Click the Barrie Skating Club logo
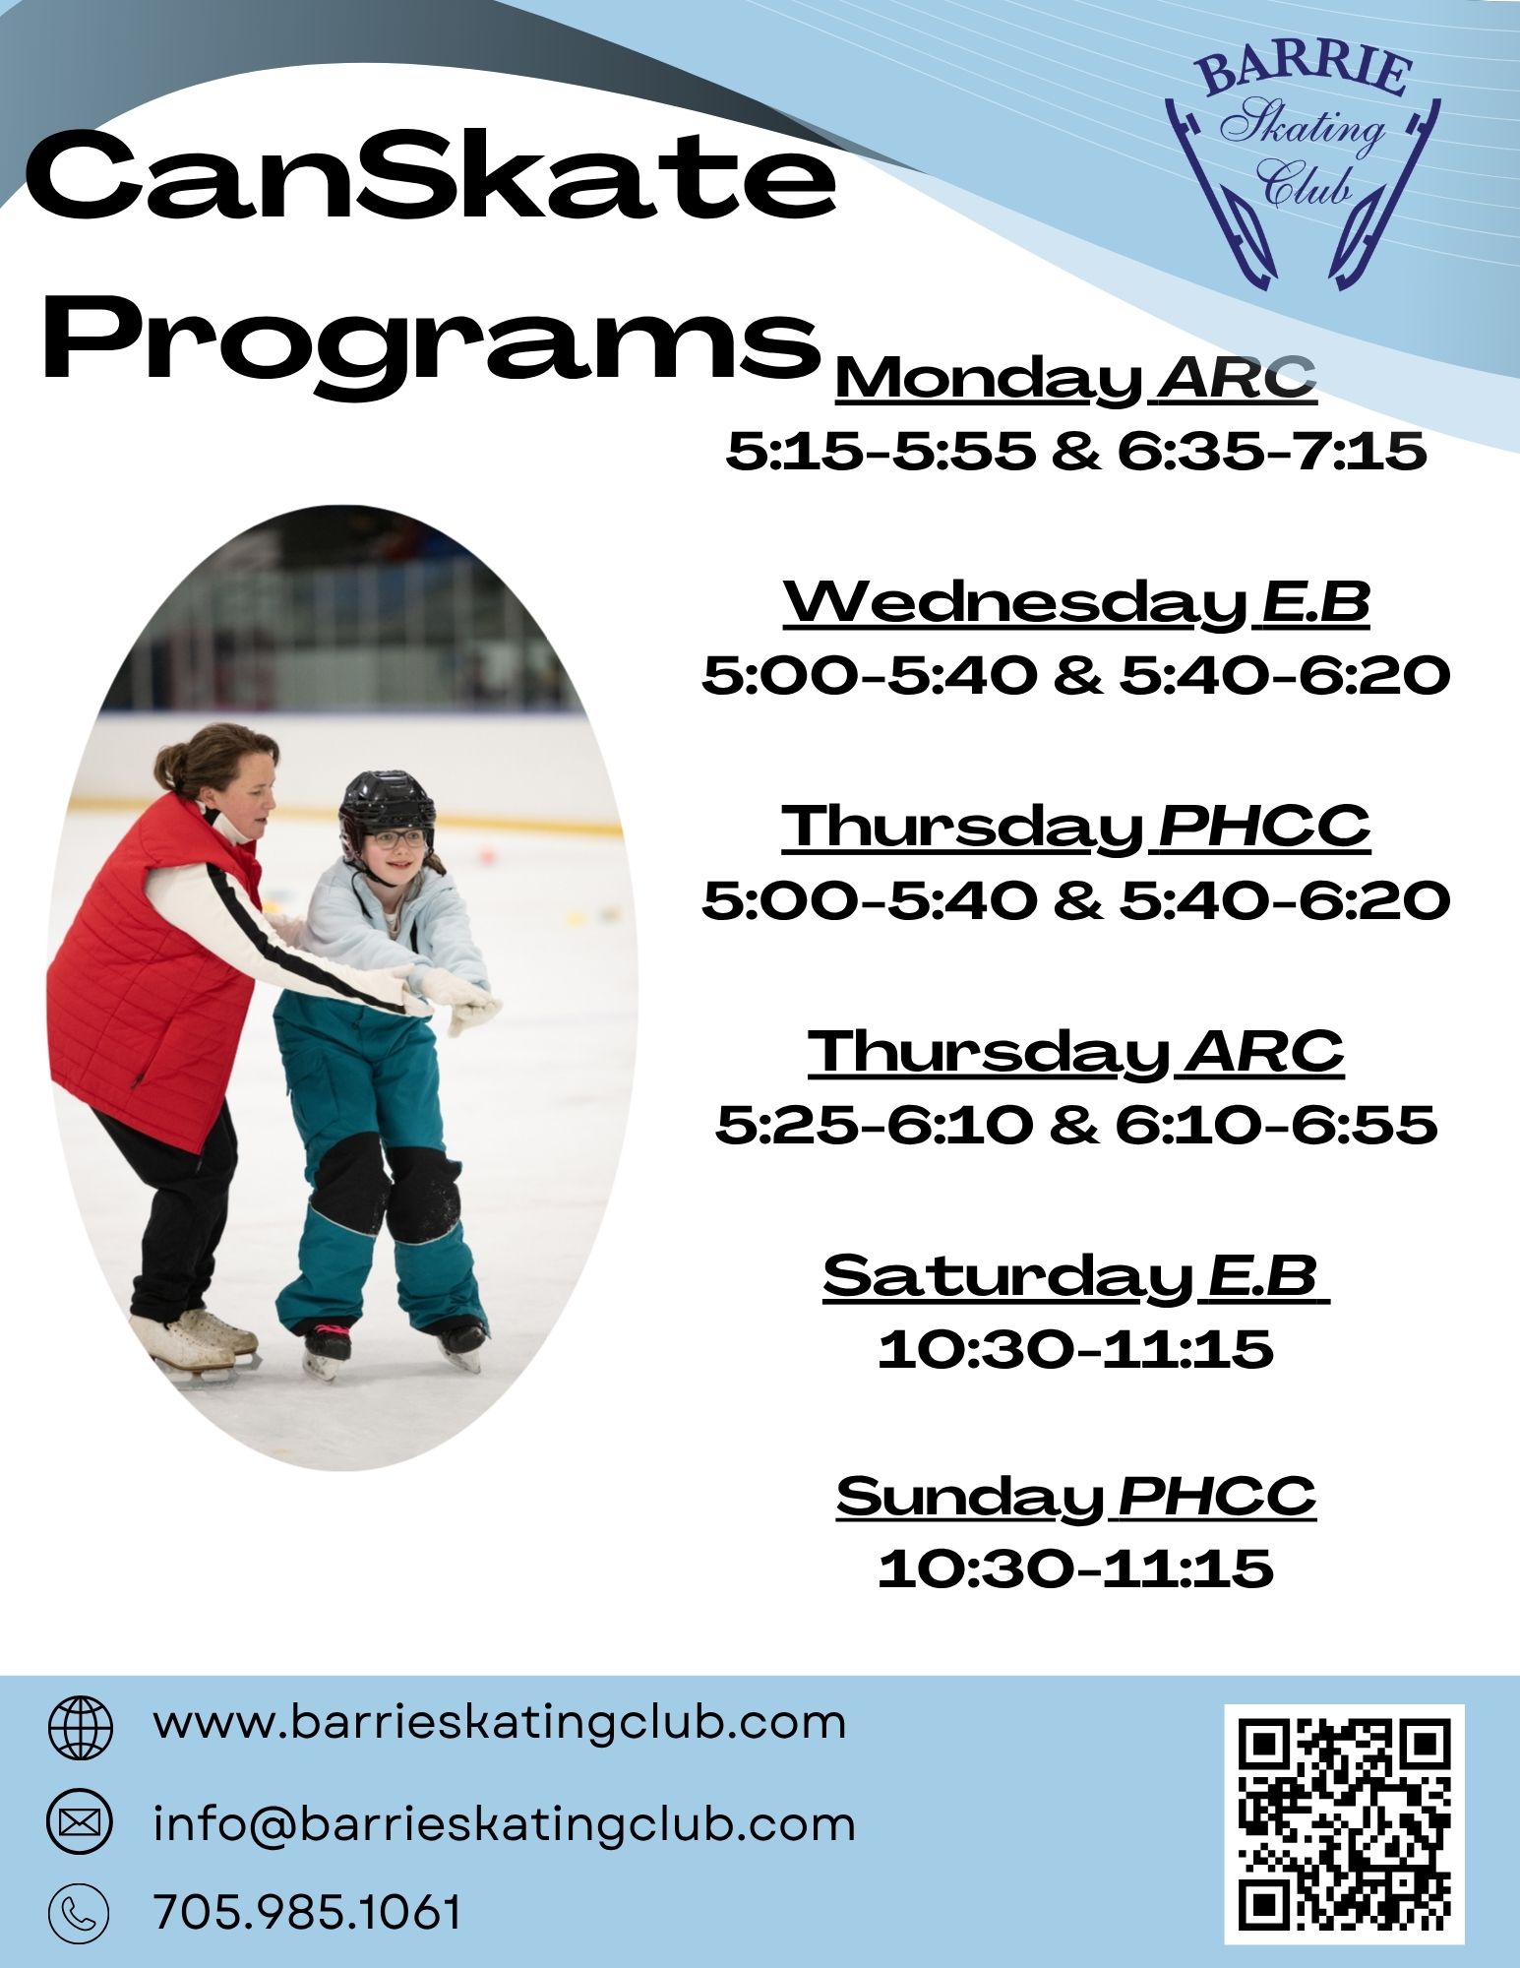point(1302,167)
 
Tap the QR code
point(1344,1824)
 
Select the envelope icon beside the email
point(81,1823)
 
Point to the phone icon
point(79,1912)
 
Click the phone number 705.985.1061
point(308,1912)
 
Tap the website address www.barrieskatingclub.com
point(500,1722)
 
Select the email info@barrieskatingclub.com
point(504,1823)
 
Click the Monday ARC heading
point(1076,378)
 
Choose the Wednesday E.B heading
point(1076,602)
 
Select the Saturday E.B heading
point(1076,1275)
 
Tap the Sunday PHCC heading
point(1076,1498)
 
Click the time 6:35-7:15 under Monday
point(1271,452)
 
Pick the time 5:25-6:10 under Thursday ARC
point(874,1124)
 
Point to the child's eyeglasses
point(397,839)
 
